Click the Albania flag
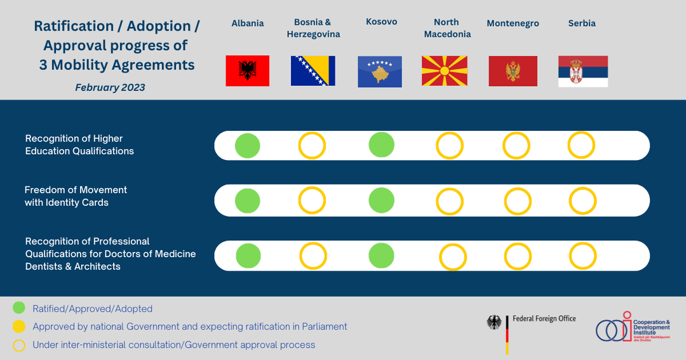[x=247, y=71]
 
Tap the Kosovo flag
[x=380, y=72]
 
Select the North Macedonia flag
[x=445, y=71]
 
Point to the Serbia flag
[x=582, y=71]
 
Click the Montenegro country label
[x=513, y=23]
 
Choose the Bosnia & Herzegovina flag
[x=313, y=71]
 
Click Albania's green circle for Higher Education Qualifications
[x=248, y=145]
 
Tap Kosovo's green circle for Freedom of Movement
[x=382, y=201]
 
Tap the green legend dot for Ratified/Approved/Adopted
[x=19, y=308]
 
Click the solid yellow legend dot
[x=19, y=326]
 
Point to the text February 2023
[x=110, y=88]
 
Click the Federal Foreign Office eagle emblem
[x=494, y=323]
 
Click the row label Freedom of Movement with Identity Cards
[x=76, y=196]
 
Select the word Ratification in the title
[x=74, y=26]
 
